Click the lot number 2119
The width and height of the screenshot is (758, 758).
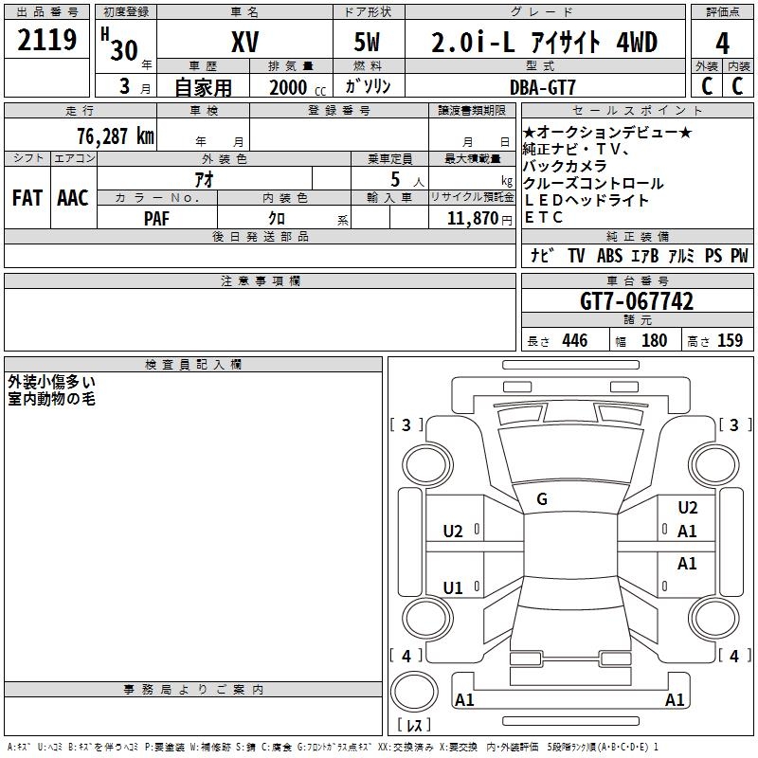point(46,40)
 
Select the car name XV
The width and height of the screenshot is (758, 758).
point(245,42)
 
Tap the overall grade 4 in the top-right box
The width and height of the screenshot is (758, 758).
point(722,43)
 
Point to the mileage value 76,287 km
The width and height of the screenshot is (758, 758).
point(116,135)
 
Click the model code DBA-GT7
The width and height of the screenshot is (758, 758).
point(543,87)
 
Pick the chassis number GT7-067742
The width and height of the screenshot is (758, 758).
point(637,301)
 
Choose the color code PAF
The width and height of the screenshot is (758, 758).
point(156,219)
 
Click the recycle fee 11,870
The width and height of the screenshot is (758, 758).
point(473,219)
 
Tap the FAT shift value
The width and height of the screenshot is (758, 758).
point(27,198)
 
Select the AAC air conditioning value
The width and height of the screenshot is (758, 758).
point(73,198)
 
